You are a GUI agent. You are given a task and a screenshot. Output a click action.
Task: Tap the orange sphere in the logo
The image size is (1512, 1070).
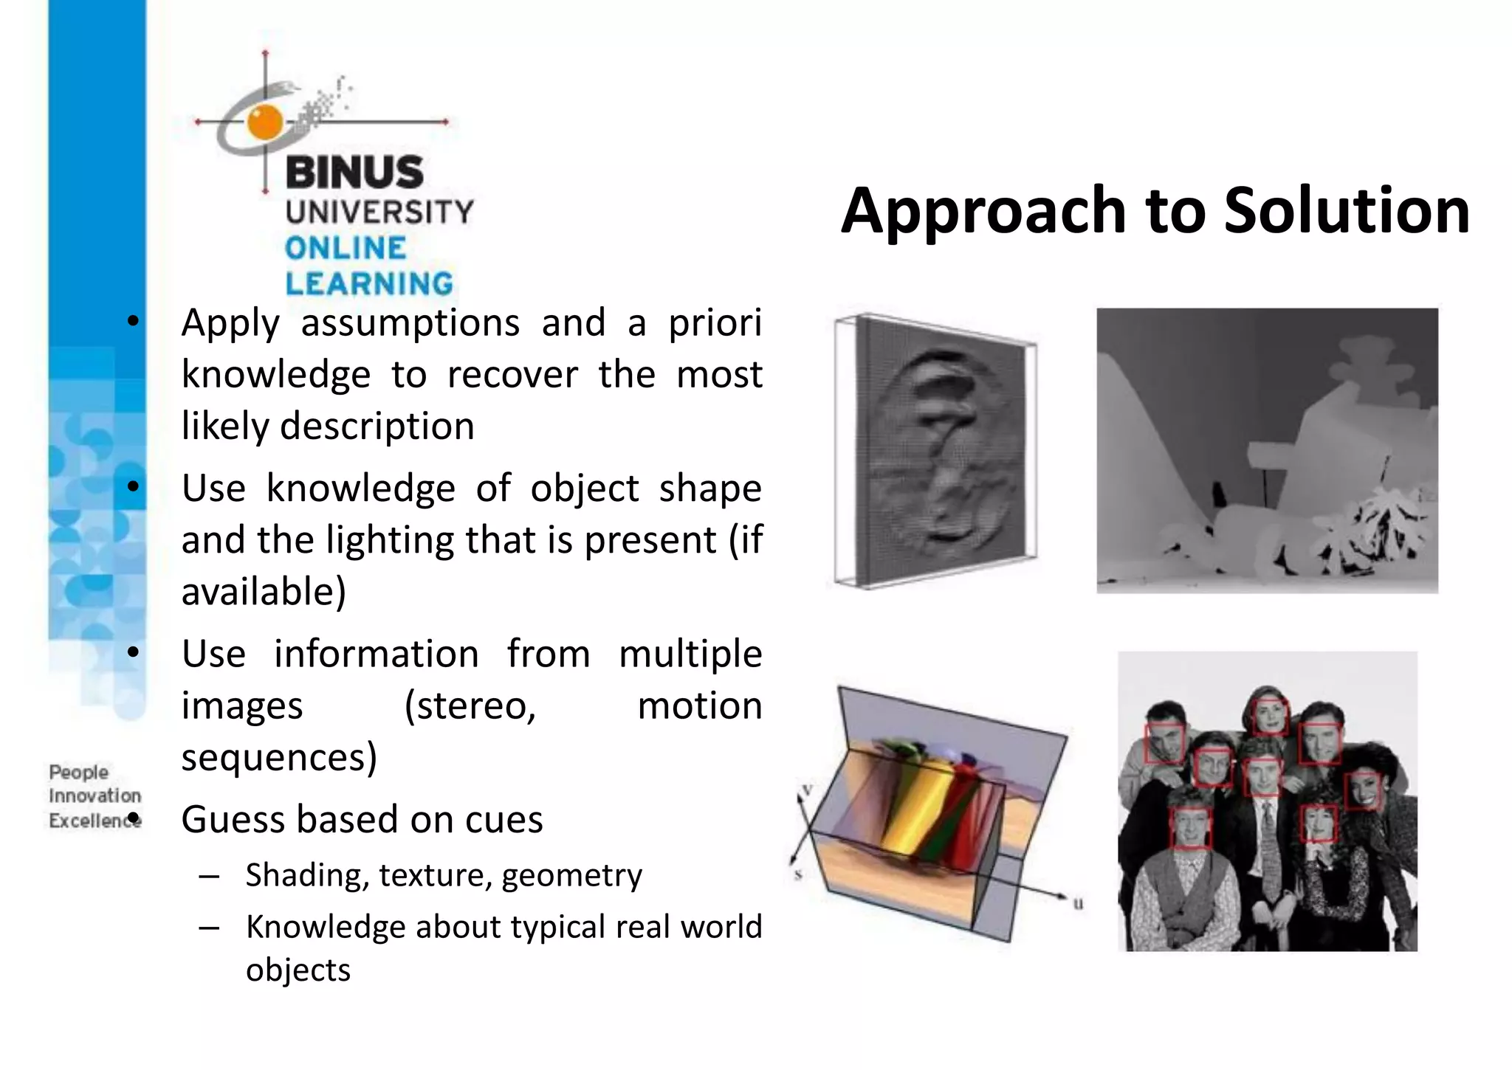click(264, 122)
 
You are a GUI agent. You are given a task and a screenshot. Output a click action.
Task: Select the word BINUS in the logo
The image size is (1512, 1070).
click(354, 173)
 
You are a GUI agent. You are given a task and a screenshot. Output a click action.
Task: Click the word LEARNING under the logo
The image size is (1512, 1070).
click(369, 284)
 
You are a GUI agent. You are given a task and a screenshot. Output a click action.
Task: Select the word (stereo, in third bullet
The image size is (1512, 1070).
click(470, 706)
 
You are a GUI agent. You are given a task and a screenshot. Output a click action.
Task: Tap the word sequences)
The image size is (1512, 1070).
click(279, 758)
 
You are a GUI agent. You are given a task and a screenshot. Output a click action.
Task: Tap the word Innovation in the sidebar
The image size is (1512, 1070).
click(94, 796)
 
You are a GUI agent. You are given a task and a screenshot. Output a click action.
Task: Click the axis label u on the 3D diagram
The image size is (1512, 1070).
click(1078, 903)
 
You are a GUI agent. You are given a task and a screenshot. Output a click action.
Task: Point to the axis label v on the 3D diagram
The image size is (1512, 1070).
click(807, 790)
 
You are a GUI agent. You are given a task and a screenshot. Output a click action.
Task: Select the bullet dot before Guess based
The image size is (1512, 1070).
click(133, 818)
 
